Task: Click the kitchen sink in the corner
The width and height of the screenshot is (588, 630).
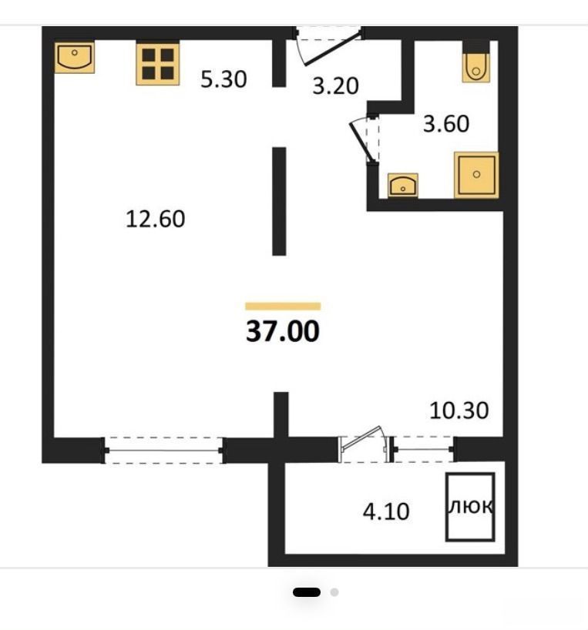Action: [x=74, y=58]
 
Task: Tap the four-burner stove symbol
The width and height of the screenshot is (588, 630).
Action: [x=157, y=64]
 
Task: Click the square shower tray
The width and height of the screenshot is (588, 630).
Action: [x=476, y=175]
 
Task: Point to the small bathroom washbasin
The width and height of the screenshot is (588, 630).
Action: [x=403, y=185]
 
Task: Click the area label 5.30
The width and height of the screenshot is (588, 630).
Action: [x=223, y=79]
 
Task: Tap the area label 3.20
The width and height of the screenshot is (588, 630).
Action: [x=335, y=86]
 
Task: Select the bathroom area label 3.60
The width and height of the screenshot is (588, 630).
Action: [x=446, y=124]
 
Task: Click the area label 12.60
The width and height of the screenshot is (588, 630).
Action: [x=155, y=219]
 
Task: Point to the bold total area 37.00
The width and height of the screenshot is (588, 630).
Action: [x=283, y=331]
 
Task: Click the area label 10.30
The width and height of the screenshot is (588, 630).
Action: [x=459, y=411]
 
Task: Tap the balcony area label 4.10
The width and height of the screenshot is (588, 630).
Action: [x=386, y=511]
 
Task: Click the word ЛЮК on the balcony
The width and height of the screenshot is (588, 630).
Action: [x=470, y=507]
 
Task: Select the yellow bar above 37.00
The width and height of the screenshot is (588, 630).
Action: [x=283, y=307]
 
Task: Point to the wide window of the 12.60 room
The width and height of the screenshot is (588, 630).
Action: [x=164, y=451]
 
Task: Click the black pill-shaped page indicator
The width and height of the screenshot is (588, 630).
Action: [x=307, y=592]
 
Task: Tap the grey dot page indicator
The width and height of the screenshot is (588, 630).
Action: [x=334, y=592]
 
